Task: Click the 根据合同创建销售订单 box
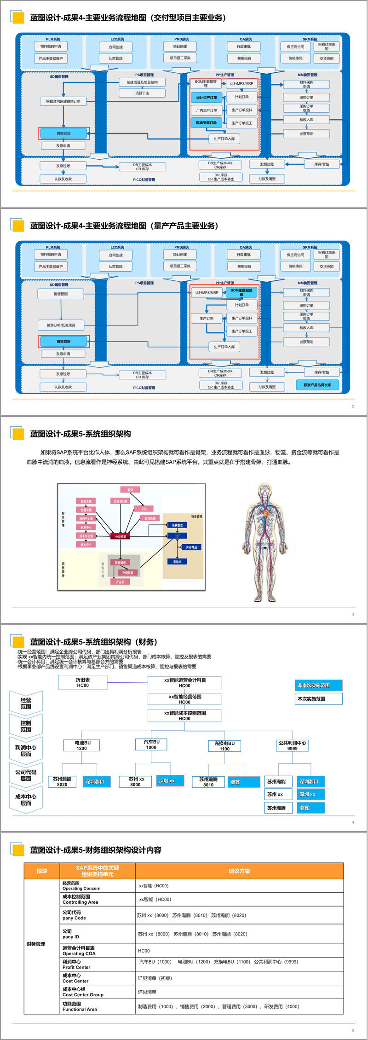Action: point(63,101)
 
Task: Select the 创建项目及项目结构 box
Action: point(142,82)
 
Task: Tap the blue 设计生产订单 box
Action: point(207,98)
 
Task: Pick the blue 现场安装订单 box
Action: point(206,123)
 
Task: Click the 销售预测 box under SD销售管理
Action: point(61,294)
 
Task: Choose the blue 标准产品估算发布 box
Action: point(317,385)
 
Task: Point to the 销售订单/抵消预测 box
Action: point(61,325)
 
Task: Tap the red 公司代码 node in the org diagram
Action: point(121,536)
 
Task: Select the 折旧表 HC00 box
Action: point(83,682)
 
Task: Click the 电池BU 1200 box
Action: point(82,745)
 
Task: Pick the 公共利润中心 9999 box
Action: point(292,745)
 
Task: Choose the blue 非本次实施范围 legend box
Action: point(319,686)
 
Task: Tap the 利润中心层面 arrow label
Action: point(26,751)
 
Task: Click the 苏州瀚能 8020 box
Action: point(62,782)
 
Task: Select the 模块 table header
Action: point(42,871)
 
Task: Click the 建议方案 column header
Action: point(239,871)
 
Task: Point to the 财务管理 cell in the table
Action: point(36,944)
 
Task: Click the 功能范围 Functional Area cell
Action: point(80,1006)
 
